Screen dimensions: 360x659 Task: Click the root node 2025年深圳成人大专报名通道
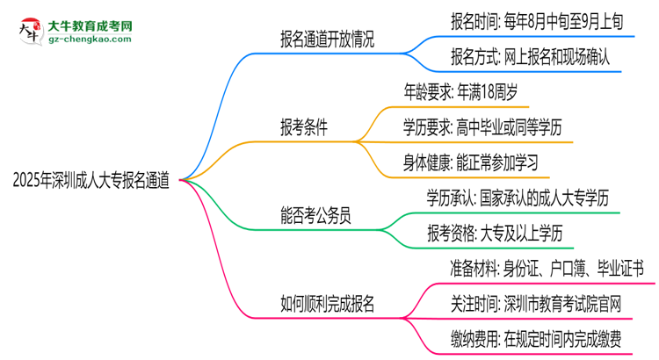click(91, 179)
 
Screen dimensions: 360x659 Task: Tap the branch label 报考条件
click(304, 127)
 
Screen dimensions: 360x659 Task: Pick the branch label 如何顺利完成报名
click(328, 304)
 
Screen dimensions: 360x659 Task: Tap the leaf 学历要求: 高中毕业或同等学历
click(500, 127)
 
